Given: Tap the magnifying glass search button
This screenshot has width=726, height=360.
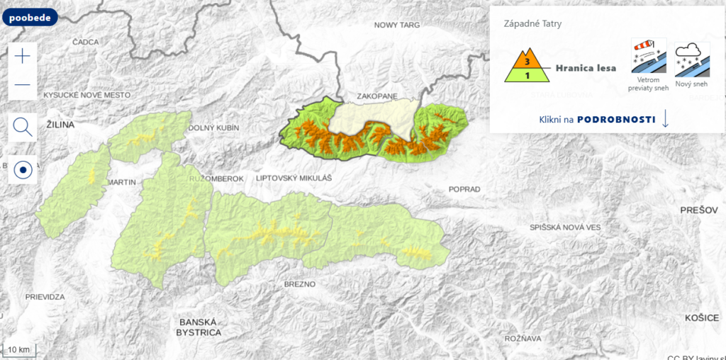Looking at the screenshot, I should (23, 128).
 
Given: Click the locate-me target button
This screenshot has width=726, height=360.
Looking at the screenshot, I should (23, 170).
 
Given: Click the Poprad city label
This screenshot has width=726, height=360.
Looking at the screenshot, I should (464, 189).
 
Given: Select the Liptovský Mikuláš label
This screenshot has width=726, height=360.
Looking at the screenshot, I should (294, 178).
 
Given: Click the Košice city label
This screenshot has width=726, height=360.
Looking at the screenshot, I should (702, 318).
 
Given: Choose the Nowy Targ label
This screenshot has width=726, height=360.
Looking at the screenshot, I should (397, 25).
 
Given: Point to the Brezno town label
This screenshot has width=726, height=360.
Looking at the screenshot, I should (299, 283).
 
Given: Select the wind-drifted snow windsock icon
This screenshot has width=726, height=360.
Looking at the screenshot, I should (649, 57).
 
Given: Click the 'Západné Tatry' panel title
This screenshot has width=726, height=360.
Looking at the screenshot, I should (532, 23).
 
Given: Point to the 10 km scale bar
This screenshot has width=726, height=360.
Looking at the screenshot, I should (19, 349).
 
